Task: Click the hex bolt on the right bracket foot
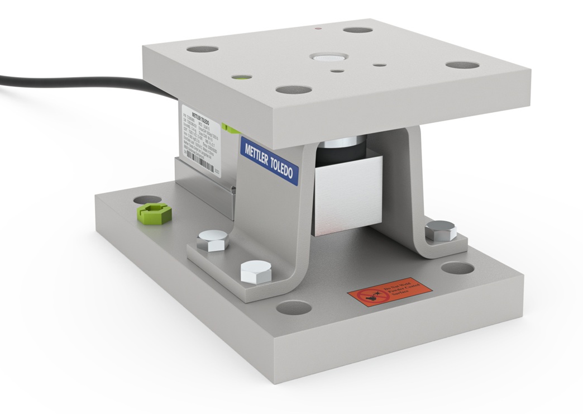(440, 230)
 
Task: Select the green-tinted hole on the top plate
(242, 77)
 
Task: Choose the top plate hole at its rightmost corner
(462, 65)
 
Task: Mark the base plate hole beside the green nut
(146, 199)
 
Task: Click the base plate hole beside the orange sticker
(457, 268)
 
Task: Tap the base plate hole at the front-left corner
(293, 307)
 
